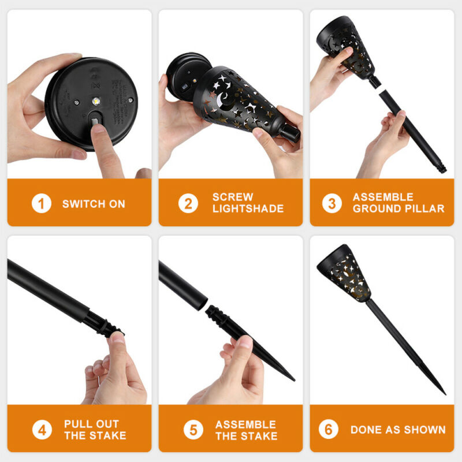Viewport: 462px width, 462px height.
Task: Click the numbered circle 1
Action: coord(42,203)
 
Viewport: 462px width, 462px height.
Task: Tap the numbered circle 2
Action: coord(188,203)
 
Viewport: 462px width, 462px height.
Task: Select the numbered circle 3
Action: coord(331,203)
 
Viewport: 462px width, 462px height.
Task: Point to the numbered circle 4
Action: coord(42,430)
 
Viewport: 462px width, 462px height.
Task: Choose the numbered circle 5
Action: coord(193,430)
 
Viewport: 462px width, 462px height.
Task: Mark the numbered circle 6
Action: coord(328,429)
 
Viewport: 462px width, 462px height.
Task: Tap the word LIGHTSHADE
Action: coord(248,208)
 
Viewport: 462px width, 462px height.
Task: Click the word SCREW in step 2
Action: coord(233,197)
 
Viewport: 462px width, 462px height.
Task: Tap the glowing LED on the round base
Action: coord(96,102)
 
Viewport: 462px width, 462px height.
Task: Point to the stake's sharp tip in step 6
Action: coord(444,393)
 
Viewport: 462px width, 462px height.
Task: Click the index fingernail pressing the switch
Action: coord(98,127)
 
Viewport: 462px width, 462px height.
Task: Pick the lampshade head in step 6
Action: coord(344,273)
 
